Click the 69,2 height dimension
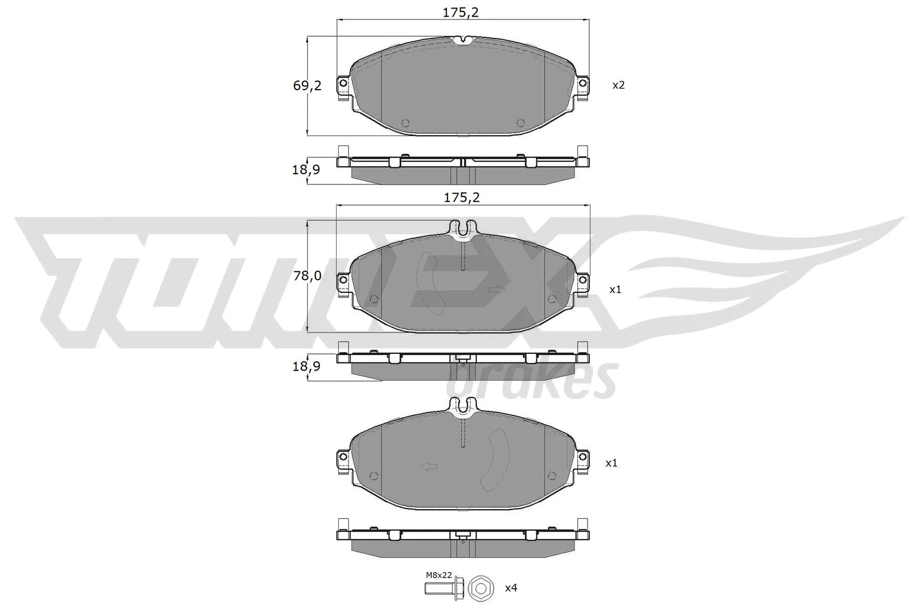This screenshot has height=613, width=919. [307, 86]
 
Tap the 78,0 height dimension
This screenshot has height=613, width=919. [307, 276]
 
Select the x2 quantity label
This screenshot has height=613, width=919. [618, 86]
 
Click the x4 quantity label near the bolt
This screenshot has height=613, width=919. [511, 588]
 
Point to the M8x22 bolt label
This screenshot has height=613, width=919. [439, 575]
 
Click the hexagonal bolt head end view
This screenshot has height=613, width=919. [481, 588]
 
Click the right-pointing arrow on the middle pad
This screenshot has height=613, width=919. [497, 290]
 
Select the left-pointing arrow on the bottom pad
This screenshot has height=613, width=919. [428, 467]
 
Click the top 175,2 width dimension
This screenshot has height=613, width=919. [461, 13]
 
